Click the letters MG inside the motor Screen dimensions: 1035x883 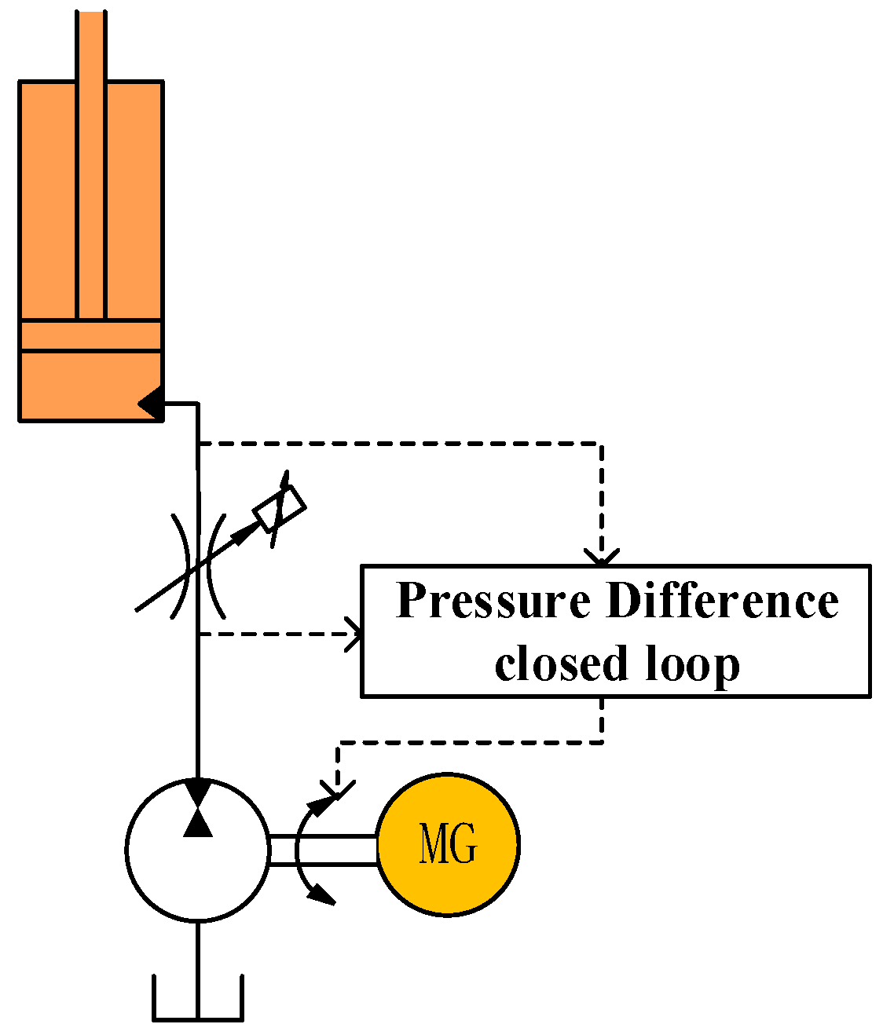coord(448,844)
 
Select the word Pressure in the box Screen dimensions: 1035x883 coord(493,601)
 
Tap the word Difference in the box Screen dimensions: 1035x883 coord(723,601)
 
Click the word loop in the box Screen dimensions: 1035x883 coord(693,665)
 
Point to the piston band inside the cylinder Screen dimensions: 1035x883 coord(91,335)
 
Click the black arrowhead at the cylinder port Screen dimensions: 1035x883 coord(150,404)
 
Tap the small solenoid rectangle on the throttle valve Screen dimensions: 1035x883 coord(279,509)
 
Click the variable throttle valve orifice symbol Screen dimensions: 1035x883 coord(199,565)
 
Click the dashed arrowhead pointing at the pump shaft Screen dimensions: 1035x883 coord(338,789)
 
